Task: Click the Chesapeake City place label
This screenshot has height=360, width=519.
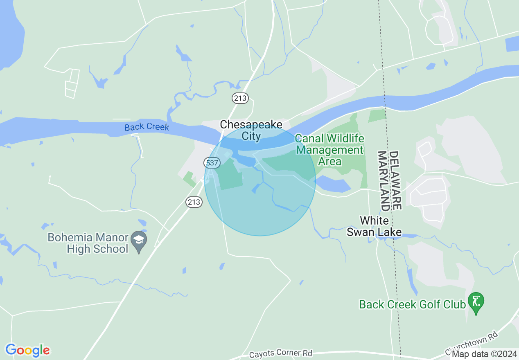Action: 251,130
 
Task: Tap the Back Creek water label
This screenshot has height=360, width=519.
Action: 147,127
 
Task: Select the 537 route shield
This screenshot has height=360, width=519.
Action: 212,163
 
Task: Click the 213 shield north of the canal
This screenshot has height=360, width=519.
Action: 240,97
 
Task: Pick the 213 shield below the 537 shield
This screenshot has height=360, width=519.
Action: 194,202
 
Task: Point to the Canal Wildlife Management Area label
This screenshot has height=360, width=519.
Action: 329,150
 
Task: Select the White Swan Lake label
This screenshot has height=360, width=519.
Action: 374,227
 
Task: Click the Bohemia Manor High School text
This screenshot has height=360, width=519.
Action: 88,243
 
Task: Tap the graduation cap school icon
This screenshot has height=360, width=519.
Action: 140,239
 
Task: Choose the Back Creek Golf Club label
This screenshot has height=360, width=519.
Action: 412,304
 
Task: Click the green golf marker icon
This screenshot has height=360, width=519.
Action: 476,302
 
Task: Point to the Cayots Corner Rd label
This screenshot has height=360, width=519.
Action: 281,353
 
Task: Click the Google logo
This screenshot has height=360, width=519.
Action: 27,350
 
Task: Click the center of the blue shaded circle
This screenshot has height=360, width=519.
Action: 260,180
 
